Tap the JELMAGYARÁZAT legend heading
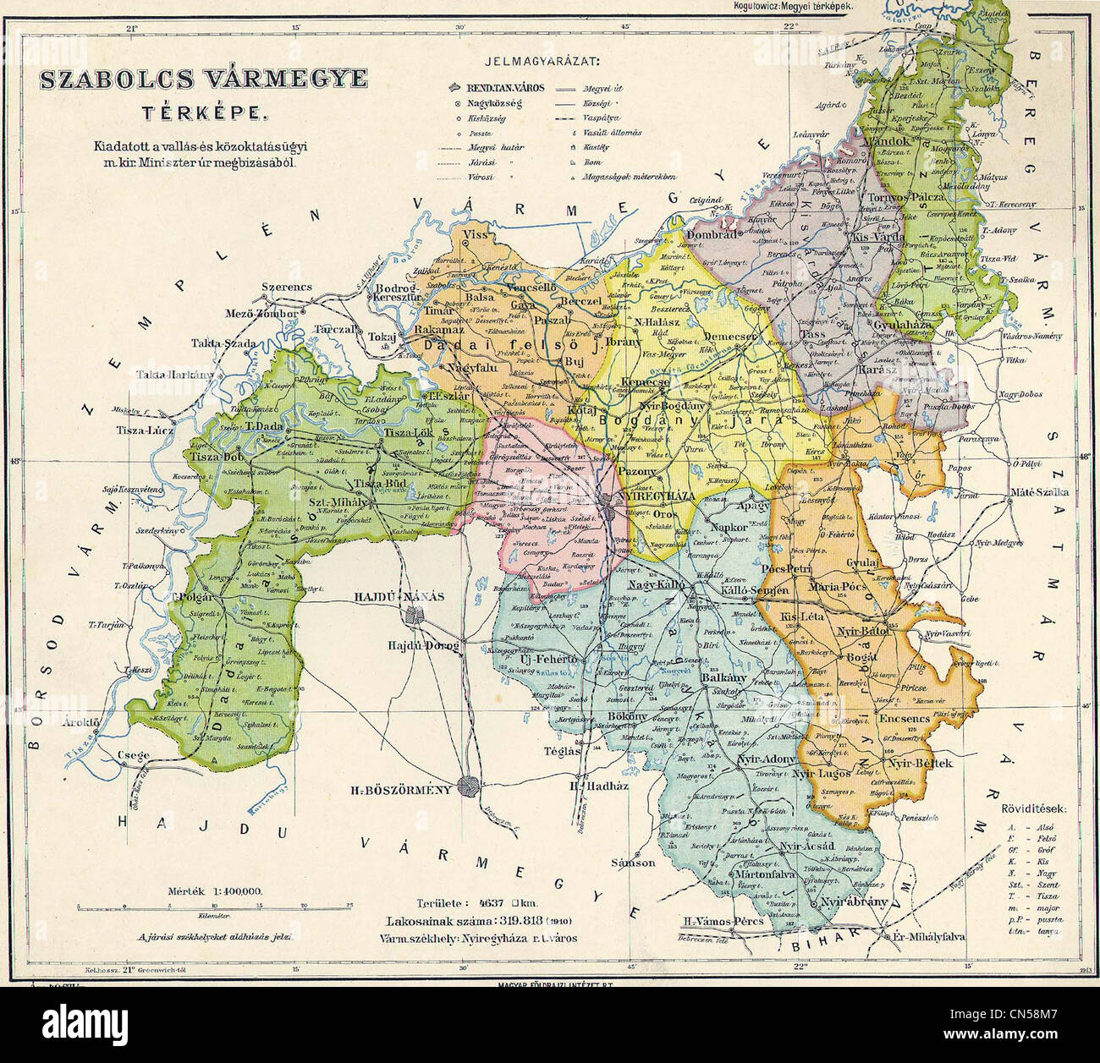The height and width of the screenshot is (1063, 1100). click(542, 61)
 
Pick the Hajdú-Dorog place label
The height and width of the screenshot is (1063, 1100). click(422, 645)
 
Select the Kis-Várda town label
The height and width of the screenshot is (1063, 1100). click(877, 238)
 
